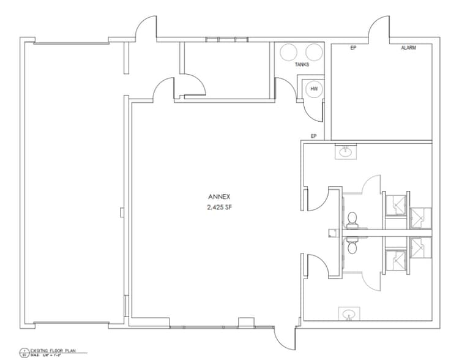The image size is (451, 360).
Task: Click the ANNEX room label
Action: pyautogui.click(x=218, y=197)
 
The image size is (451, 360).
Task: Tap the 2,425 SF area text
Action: pyautogui.click(x=218, y=208)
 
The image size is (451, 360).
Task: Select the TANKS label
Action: pyautogui.click(x=302, y=64)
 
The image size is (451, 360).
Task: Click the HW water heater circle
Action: pyautogui.click(x=314, y=89)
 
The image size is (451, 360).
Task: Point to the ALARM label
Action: pyautogui.click(x=408, y=48)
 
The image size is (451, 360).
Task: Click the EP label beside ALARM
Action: pyautogui.click(x=353, y=48)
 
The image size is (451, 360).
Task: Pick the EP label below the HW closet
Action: pyautogui.click(x=313, y=136)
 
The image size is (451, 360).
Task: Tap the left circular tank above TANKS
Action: pyautogui.click(x=289, y=52)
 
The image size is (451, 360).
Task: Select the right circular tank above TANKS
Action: pyautogui.click(x=313, y=52)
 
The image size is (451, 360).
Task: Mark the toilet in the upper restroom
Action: pyautogui.click(x=352, y=219)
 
